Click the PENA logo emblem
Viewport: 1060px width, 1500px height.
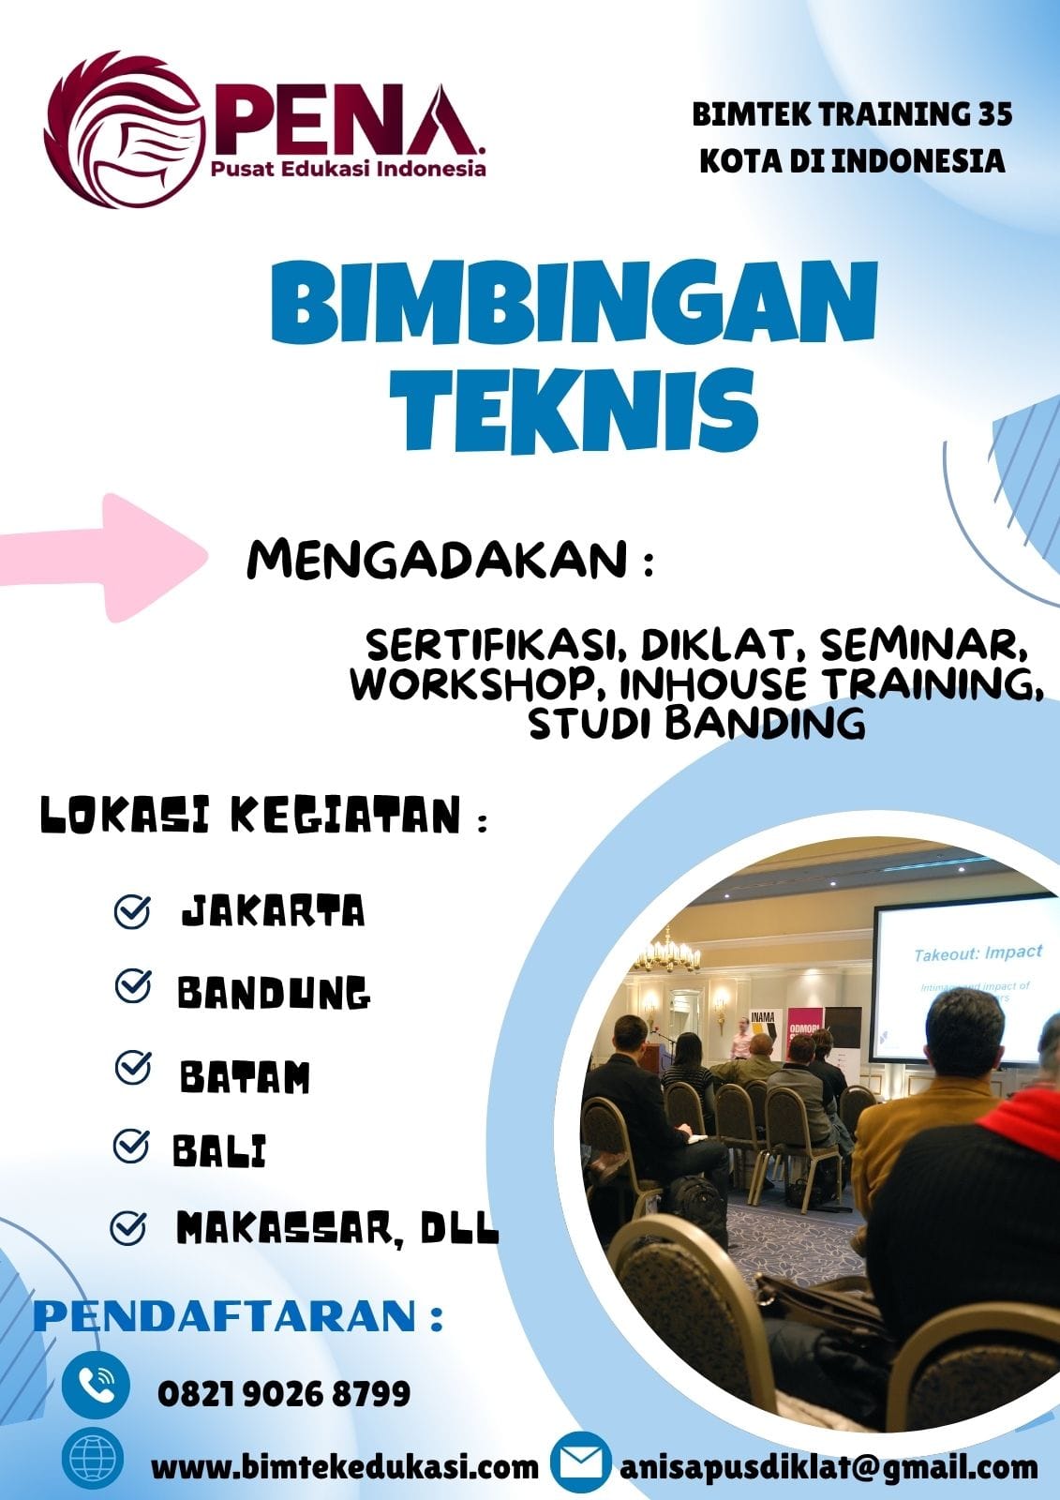[124, 128]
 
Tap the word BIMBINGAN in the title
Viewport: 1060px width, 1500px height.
[574, 305]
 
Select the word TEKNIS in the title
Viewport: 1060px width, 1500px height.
[574, 409]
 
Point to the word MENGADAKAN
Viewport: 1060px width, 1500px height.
[438, 560]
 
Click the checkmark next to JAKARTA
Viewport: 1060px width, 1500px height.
[132, 911]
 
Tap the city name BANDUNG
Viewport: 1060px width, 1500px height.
[274, 993]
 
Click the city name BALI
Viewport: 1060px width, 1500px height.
[220, 1151]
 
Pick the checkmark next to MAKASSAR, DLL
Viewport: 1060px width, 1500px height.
[128, 1227]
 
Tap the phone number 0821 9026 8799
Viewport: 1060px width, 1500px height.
[284, 1393]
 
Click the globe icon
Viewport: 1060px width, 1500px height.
[92, 1459]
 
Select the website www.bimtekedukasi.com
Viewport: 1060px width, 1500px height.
[344, 1466]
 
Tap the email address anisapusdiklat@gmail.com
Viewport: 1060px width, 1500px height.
[829, 1466]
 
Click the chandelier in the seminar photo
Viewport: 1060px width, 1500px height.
[666, 954]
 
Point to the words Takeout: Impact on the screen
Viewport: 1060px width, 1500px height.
[978, 953]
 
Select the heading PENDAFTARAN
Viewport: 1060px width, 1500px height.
[227, 1315]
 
